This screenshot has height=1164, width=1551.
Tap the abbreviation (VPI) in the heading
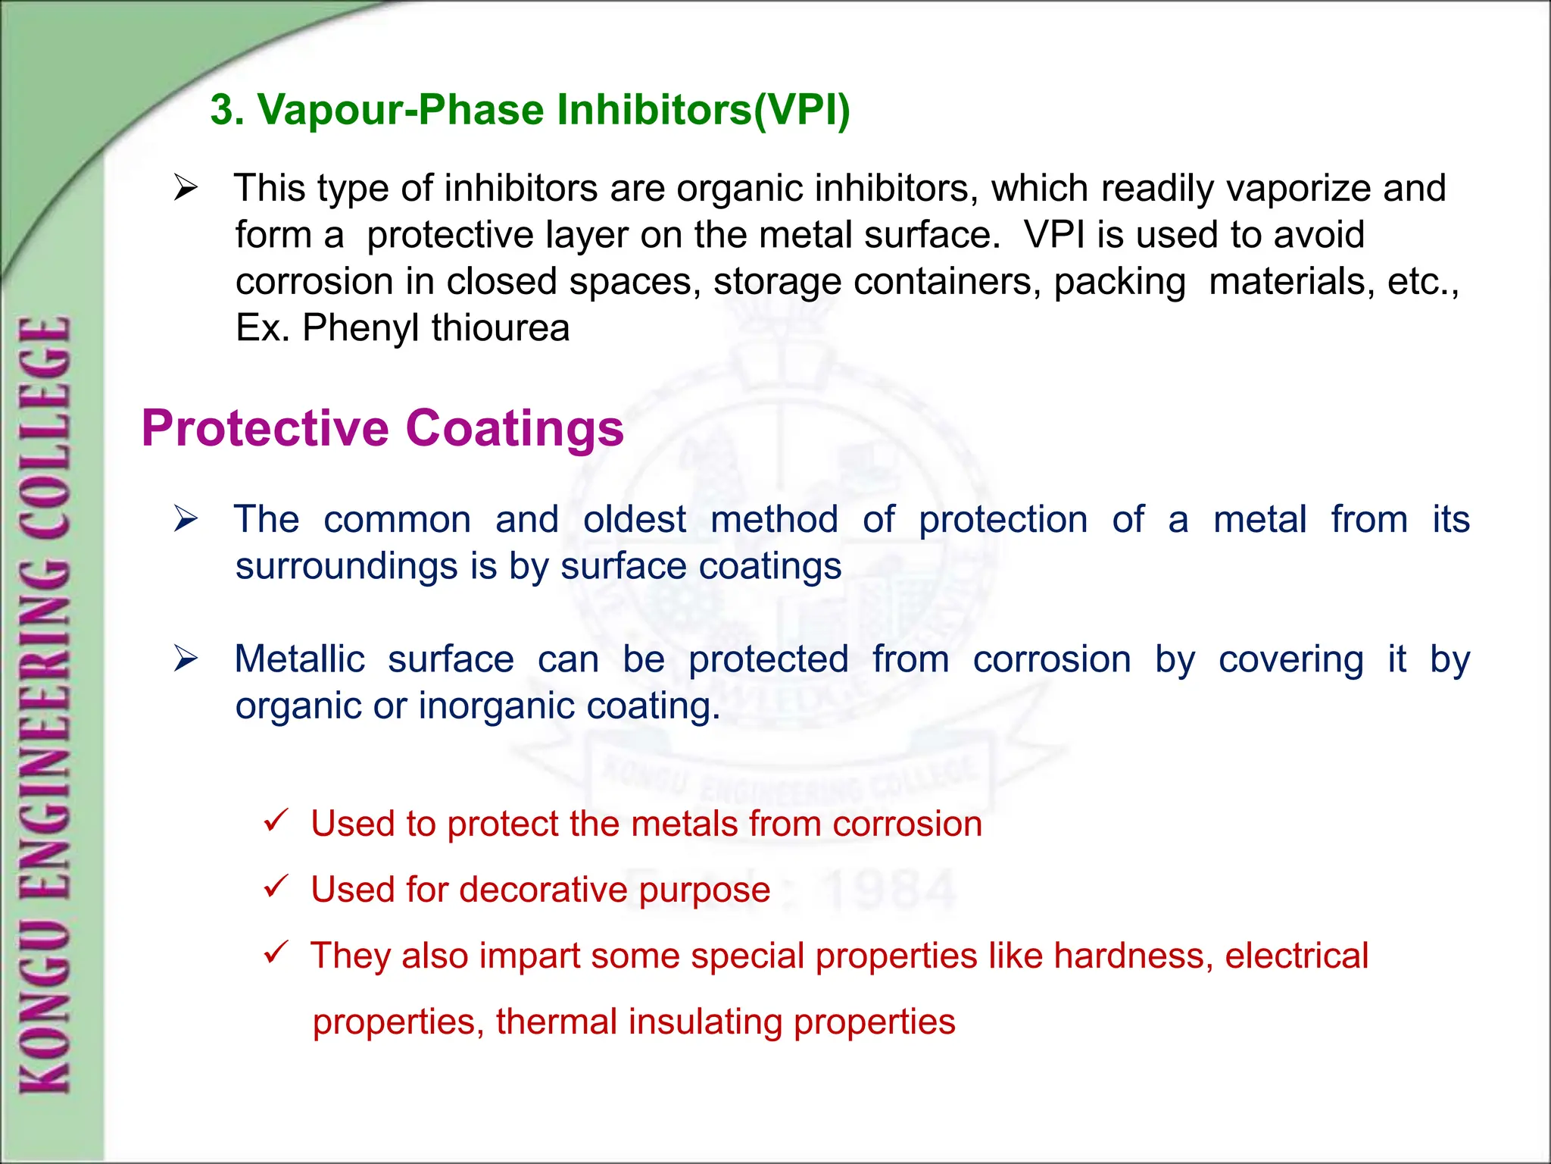point(802,110)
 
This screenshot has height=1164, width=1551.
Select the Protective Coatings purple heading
point(382,429)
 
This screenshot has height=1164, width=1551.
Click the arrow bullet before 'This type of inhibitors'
point(186,187)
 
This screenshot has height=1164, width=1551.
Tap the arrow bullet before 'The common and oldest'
point(186,519)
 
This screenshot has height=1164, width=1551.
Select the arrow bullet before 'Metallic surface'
point(186,659)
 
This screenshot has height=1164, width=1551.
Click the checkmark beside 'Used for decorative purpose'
point(276,886)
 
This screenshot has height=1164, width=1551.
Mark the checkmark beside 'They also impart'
point(276,952)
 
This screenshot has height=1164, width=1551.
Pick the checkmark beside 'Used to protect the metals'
point(276,820)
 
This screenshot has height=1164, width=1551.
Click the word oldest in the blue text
point(635,520)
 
